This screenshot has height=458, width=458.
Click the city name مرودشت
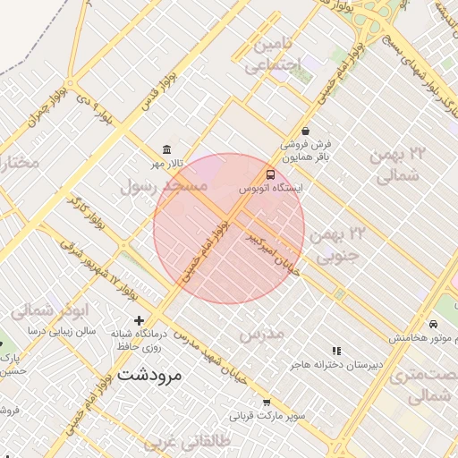click(x=148, y=374)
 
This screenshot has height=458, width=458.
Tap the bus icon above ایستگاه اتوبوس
click(x=270, y=174)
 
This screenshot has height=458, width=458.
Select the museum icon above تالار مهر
click(x=166, y=149)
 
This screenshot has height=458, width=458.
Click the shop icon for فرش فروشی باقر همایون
click(x=306, y=131)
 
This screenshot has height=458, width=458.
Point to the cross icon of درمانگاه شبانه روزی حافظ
click(x=139, y=320)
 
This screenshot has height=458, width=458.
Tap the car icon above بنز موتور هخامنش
click(x=433, y=324)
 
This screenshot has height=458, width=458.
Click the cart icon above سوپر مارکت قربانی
click(x=267, y=403)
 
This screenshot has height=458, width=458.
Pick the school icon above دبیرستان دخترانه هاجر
click(x=336, y=352)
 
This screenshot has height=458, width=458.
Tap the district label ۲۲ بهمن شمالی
click(x=398, y=164)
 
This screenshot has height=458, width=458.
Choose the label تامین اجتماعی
click(x=273, y=55)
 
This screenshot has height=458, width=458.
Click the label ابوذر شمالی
click(x=50, y=310)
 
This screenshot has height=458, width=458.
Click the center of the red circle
click(x=229, y=228)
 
